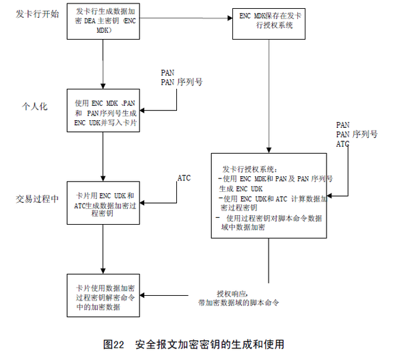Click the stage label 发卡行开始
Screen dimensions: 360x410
(x=34, y=14)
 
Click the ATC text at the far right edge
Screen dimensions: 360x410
(x=343, y=145)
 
